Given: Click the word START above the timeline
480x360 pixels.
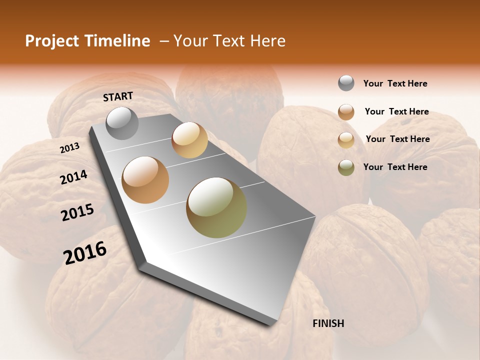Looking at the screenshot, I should click(x=118, y=96).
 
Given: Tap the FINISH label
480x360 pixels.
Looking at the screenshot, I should click(x=328, y=323).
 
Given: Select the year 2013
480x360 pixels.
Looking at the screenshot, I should click(x=69, y=148).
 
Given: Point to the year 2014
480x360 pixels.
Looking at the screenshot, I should click(x=73, y=177).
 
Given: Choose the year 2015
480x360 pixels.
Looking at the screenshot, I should click(x=77, y=212).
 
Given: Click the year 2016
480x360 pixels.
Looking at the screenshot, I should click(x=85, y=252).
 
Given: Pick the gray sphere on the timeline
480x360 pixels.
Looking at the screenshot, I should click(x=122, y=123).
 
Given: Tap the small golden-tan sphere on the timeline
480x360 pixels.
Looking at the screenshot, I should click(x=189, y=140).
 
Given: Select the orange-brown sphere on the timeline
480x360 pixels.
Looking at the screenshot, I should click(x=145, y=180).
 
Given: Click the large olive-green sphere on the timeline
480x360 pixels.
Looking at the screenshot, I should click(x=216, y=207).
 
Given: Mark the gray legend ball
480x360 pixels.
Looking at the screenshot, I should click(x=346, y=83).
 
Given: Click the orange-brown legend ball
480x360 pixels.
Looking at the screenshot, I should click(x=346, y=112).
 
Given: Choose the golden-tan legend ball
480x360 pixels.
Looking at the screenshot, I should click(x=346, y=140).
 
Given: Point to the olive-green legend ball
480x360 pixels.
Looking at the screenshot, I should click(x=346, y=167).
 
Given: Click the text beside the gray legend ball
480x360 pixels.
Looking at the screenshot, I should click(x=395, y=83).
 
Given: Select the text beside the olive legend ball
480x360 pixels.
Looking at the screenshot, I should click(x=395, y=167).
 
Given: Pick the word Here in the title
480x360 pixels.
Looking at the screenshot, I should click(x=267, y=41).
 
